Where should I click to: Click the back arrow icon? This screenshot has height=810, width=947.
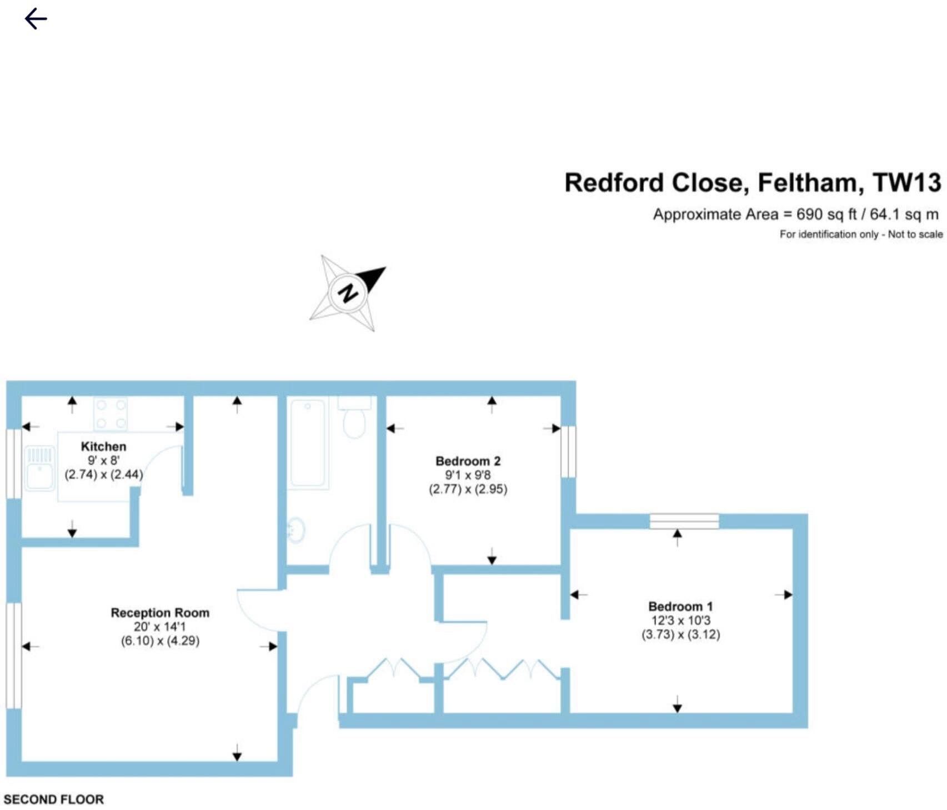coord(36,19)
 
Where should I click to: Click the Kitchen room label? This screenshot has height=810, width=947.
coord(103,446)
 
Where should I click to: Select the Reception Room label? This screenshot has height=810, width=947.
coord(160,613)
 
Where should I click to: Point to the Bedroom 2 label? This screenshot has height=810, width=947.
coord(468,461)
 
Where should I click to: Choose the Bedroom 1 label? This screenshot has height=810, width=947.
coord(680,606)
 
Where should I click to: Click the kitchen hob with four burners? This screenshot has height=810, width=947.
coord(111,414)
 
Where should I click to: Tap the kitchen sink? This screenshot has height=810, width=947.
coord(39,469)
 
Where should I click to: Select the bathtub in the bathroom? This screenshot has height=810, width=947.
coord(307,443)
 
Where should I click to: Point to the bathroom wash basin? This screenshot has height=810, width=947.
coord(296,529)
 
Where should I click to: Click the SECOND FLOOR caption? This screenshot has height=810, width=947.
coord(54,799)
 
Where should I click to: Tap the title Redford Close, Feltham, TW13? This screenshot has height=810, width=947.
coord(753,182)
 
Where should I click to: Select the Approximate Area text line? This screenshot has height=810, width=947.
coord(795,215)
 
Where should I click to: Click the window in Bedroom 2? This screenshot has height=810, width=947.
coord(568,451)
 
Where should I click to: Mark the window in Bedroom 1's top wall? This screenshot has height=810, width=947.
coord(684,521)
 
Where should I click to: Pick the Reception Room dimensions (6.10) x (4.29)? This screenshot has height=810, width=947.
coord(160,641)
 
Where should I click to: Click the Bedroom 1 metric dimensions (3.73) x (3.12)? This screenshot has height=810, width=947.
coord(680,634)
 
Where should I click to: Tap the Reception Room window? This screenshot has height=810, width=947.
coord(14,655)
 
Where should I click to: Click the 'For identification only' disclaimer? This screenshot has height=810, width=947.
coord(861,235)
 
